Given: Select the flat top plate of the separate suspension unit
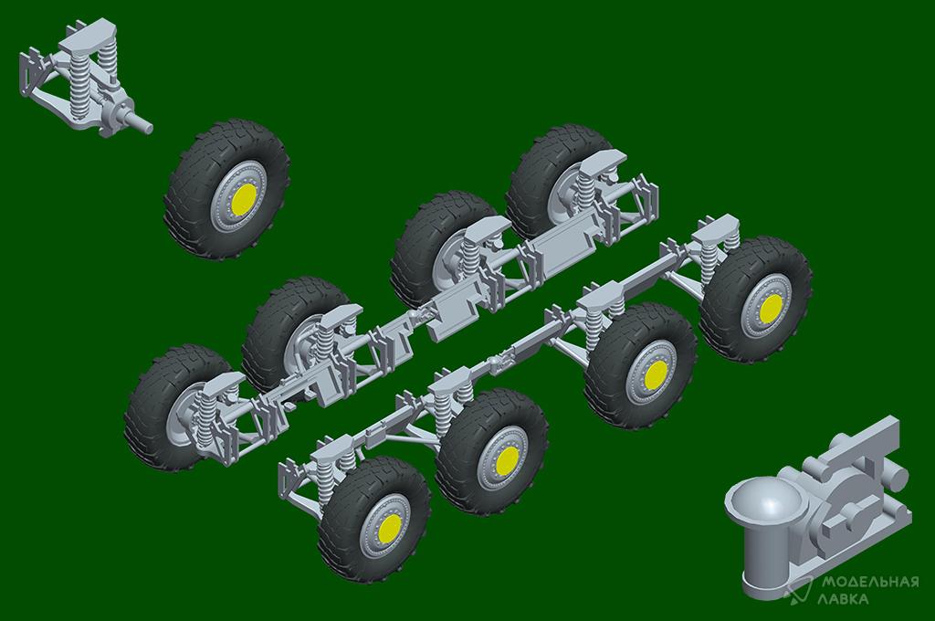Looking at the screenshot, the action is click(89, 36).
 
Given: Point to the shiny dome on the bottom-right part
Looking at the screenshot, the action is click(765, 503).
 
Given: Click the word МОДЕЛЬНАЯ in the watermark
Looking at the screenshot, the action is click(870, 582).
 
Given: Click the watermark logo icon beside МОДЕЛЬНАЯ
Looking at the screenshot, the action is click(798, 590).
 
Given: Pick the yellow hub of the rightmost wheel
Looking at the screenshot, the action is click(772, 307).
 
